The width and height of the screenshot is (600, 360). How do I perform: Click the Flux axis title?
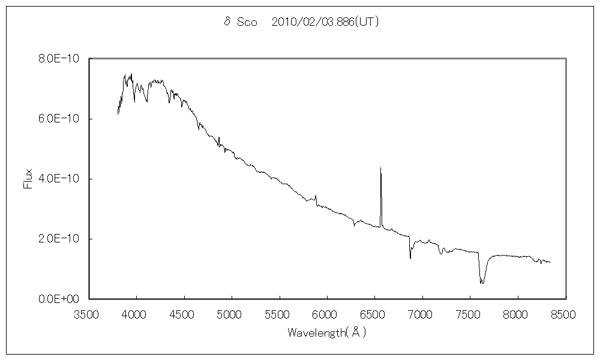point(28,179)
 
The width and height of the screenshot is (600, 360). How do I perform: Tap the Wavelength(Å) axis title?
point(327,332)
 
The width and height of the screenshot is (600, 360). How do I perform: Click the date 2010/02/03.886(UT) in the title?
point(325,22)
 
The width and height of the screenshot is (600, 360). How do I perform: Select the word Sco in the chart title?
point(247,23)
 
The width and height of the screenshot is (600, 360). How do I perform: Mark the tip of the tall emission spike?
point(380,168)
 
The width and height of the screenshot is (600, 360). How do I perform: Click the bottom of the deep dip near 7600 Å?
point(481,283)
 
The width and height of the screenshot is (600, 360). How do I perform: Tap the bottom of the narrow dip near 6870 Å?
point(410,259)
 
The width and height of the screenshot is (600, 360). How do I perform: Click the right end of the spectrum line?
point(550,262)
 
